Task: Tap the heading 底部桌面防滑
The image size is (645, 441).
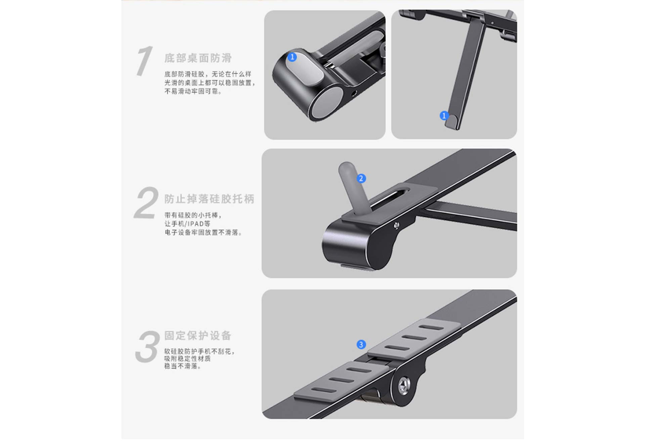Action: [x=198, y=58]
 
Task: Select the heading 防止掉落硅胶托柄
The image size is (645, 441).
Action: [x=209, y=199]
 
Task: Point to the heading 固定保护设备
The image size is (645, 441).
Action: [x=198, y=335]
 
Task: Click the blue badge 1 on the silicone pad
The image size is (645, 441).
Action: [x=292, y=57]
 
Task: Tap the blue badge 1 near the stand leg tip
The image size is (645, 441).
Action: [x=444, y=116]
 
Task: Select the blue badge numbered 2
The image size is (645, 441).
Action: [x=361, y=178]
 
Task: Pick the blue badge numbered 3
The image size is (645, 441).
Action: [x=361, y=344]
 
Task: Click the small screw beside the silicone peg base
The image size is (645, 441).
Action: [x=397, y=225]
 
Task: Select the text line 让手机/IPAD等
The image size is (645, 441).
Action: [x=187, y=224]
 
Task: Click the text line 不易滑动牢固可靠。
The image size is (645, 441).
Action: [x=193, y=91]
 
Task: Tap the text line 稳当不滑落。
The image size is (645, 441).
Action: [x=183, y=366]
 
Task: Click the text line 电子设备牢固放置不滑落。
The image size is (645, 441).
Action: [x=204, y=232]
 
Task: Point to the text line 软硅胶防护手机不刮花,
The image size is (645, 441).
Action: [x=200, y=351]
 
